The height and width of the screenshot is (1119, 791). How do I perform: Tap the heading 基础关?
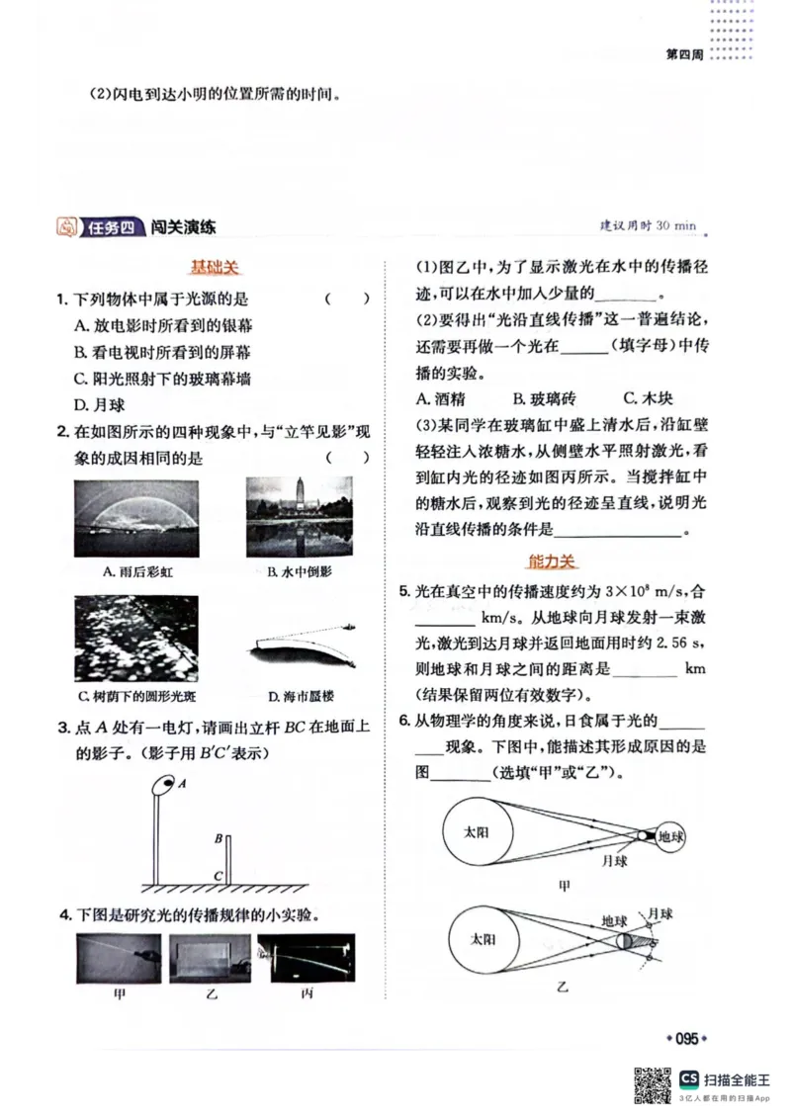point(215,267)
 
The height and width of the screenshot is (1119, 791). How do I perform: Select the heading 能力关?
point(551,561)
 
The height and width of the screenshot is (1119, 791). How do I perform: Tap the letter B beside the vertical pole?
point(219,838)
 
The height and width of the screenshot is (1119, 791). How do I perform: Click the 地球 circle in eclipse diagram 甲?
point(672,835)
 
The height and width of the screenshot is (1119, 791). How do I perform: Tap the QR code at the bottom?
point(651,1085)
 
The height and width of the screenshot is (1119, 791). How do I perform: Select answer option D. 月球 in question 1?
point(100,404)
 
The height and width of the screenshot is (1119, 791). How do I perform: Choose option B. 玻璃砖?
point(544,398)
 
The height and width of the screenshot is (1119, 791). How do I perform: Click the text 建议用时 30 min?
point(648,226)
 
